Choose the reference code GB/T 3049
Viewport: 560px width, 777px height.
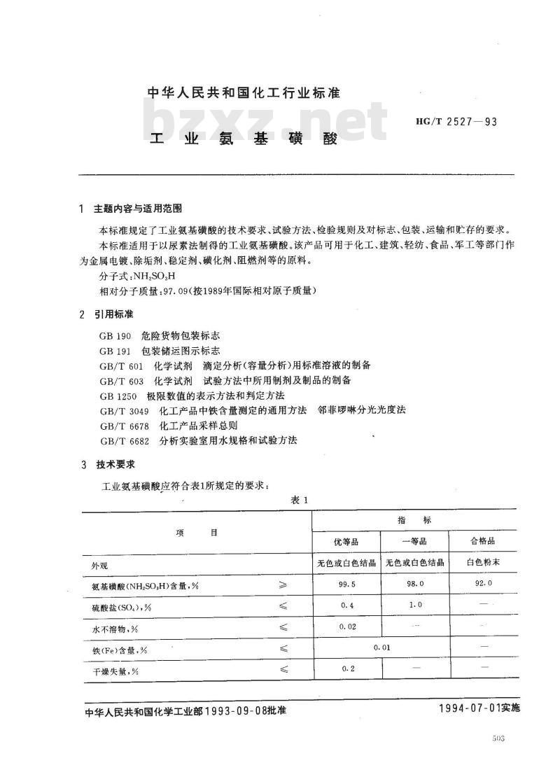(125, 411)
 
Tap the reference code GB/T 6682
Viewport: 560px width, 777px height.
(125, 440)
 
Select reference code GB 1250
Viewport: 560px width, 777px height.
(118, 396)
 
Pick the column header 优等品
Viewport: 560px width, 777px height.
(345, 542)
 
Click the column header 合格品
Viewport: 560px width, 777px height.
(484, 542)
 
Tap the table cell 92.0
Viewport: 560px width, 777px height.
(484, 583)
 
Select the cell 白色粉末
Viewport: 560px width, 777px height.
(484, 562)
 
